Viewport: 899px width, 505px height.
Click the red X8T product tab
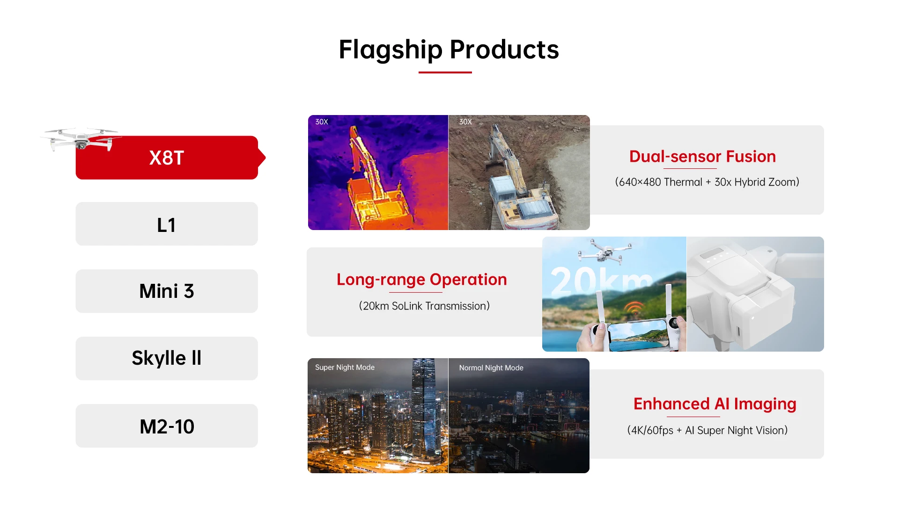(x=167, y=158)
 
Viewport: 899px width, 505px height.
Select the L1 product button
(x=167, y=224)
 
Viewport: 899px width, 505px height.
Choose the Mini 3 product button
(x=167, y=291)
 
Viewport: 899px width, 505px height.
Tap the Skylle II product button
(x=167, y=358)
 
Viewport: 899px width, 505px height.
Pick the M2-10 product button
(x=167, y=426)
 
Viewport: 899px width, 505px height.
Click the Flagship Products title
(x=449, y=50)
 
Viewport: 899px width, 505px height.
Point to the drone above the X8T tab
(x=81, y=139)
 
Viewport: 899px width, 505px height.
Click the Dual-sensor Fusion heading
(x=702, y=156)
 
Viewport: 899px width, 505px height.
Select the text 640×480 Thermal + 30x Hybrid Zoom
(x=707, y=182)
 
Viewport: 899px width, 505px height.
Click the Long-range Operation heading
(x=422, y=280)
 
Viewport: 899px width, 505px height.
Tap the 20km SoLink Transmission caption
(x=424, y=306)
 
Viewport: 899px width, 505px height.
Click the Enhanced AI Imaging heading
(x=715, y=404)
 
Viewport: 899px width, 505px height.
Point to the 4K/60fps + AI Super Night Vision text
(x=707, y=430)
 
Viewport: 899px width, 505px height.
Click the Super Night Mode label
(x=345, y=368)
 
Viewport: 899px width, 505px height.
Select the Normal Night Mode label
(x=491, y=368)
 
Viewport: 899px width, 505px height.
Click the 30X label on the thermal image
(x=322, y=122)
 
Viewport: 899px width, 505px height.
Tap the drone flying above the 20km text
(x=604, y=252)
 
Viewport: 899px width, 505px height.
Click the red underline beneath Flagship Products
(x=445, y=72)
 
